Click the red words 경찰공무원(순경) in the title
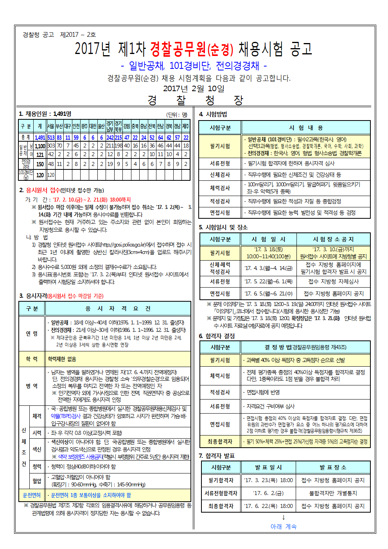click(x=191, y=49)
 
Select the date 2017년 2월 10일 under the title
click(x=194, y=88)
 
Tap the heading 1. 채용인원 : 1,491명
click(x=45, y=114)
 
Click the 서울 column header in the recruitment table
click(x=51, y=126)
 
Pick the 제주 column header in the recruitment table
click(x=186, y=126)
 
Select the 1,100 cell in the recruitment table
click(x=40, y=146)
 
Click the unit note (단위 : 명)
click(x=177, y=115)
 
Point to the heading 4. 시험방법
click(x=213, y=114)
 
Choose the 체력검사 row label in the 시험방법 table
click(x=220, y=188)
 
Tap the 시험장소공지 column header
click(x=333, y=239)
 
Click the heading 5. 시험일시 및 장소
click(x=223, y=227)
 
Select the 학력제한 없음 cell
click(x=62, y=359)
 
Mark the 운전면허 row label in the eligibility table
click(x=32, y=495)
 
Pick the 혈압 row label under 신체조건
click(x=37, y=481)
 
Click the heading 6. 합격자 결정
click(x=217, y=336)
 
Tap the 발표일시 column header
click(x=268, y=467)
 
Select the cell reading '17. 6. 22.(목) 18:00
click(x=268, y=506)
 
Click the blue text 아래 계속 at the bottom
click(x=284, y=527)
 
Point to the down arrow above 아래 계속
click(x=284, y=517)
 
